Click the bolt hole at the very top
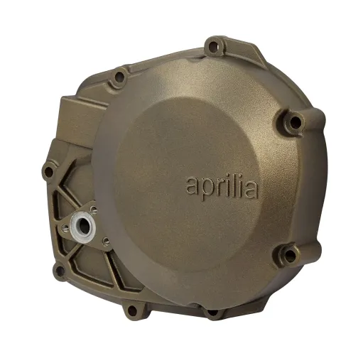[x=212, y=48]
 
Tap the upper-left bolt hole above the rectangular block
[x=119, y=75]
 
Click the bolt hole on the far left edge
[x=49, y=170]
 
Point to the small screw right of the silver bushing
[x=104, y=240]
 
